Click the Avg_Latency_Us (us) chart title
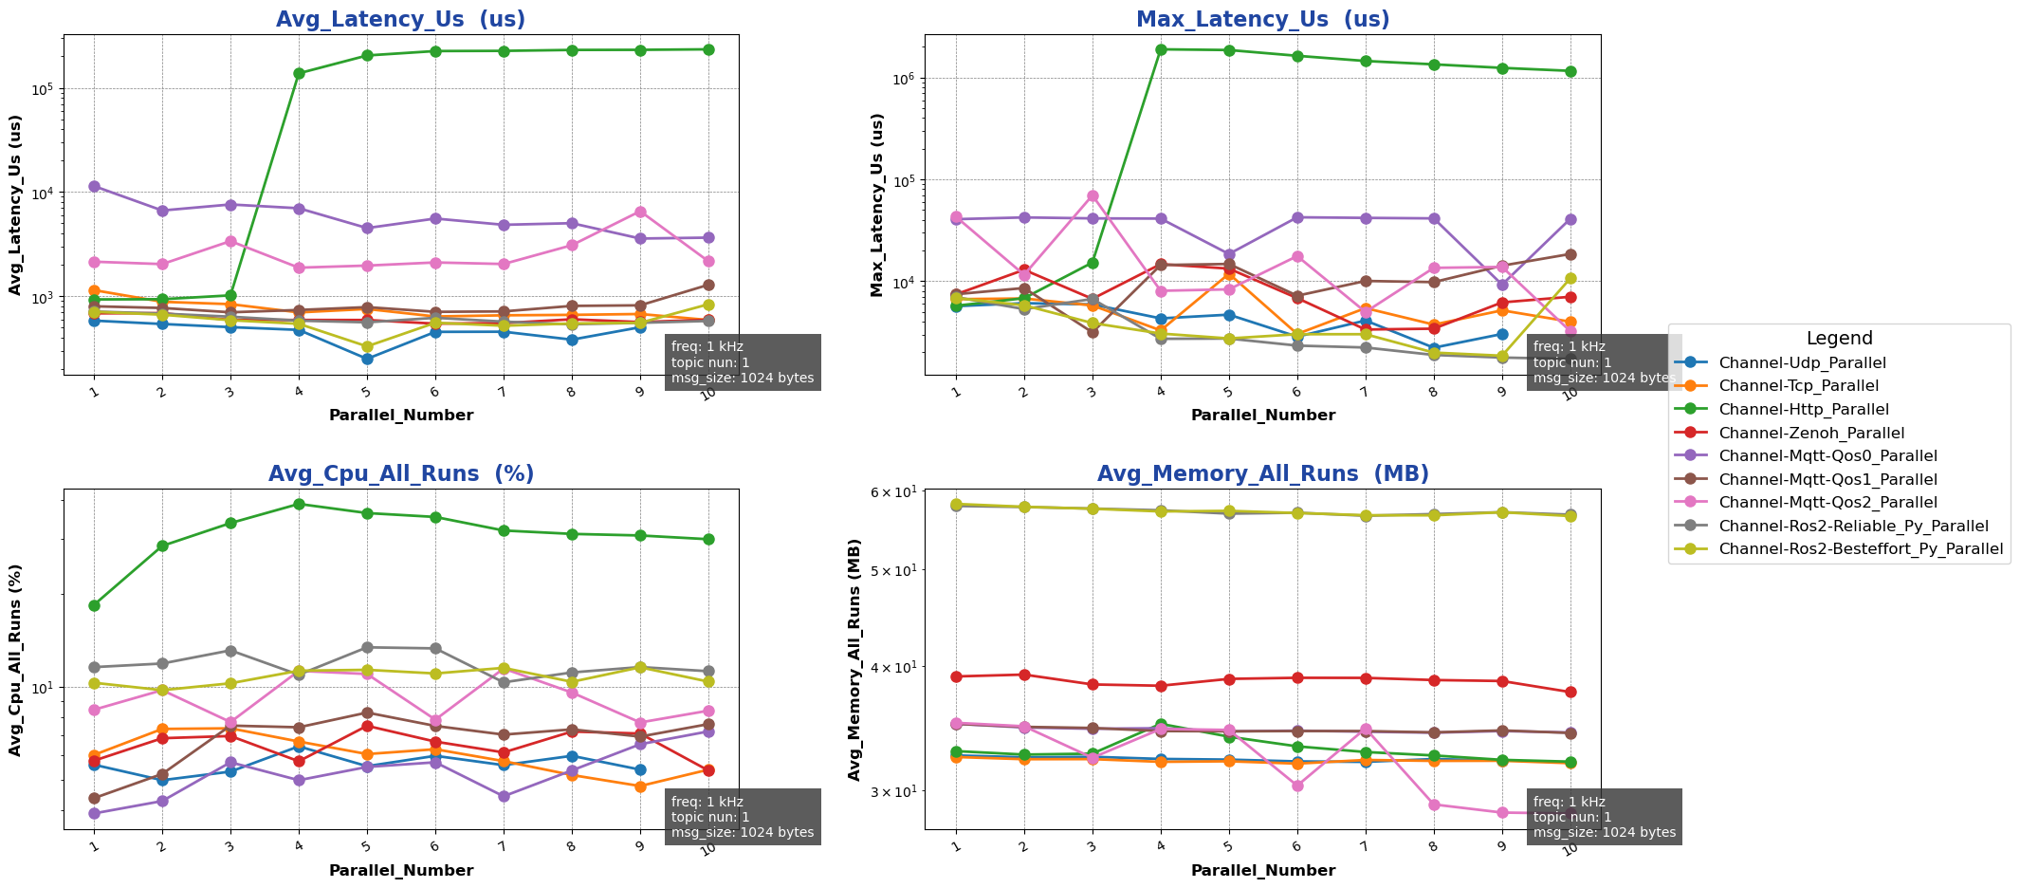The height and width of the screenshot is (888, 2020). click(400, 20)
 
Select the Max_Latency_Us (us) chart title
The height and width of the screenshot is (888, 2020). click(1262, 20)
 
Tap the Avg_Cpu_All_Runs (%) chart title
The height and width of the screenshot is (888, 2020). click(400, 474)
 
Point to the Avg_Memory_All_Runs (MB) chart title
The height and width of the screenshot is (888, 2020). click(1262, 474)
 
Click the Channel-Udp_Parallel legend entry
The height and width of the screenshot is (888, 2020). click(1802, 362)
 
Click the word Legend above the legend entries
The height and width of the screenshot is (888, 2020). click(1839, 339)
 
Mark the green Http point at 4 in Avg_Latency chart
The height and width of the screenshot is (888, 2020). click(299, 73)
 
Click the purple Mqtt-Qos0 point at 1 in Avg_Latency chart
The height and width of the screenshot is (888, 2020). click(94, 186)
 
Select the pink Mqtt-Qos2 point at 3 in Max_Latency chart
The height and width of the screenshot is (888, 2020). click(1093, 195)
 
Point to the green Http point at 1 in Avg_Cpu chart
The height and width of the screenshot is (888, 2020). click(94, 605)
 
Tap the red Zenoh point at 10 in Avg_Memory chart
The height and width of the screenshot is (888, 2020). click(1570, 692)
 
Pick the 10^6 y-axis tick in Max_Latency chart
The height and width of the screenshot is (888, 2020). click(907, 79)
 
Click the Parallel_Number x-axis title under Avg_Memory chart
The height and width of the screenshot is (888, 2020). click(1262, 871)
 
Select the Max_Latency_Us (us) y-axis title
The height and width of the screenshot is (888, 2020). click(877, 205)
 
